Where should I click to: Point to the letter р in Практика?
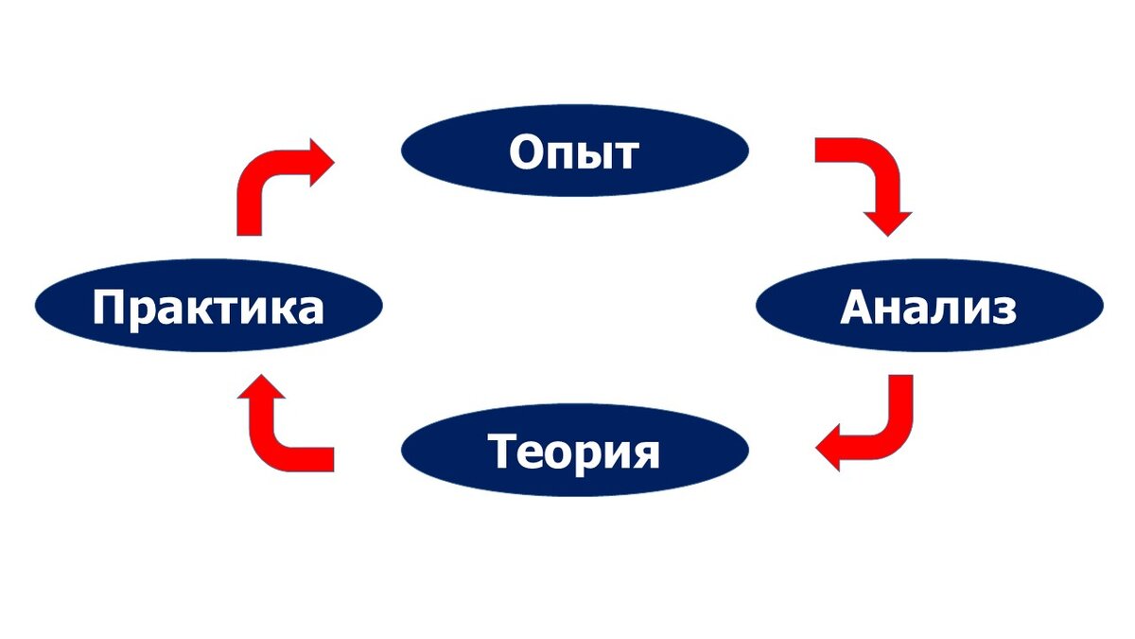(142, 312)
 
